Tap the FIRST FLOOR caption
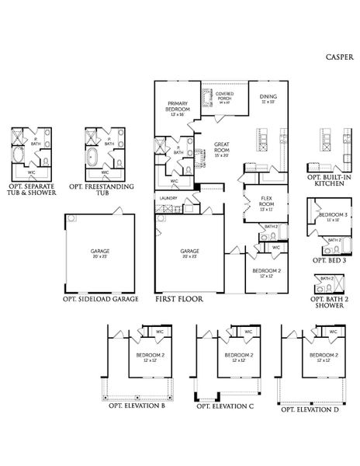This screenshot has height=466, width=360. click(x=179, y=298)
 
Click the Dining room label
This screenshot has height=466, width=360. click(x=269, y=99)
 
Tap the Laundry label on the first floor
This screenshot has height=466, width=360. click(x=168, y=199)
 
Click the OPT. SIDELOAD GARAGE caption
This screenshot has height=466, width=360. click(x=101, y=298)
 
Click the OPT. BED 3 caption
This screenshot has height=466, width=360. click(x=330, y=259)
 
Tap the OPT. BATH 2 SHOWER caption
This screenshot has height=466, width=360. click(x=329, y=301)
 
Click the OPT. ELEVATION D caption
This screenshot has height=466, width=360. click(x=309, y=409)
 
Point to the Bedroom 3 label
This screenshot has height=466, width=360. click(x=334, y=215)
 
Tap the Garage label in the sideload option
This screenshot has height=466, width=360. click(x=100, y=252)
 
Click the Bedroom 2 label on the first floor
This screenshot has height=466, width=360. click(x=267, y=273)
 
